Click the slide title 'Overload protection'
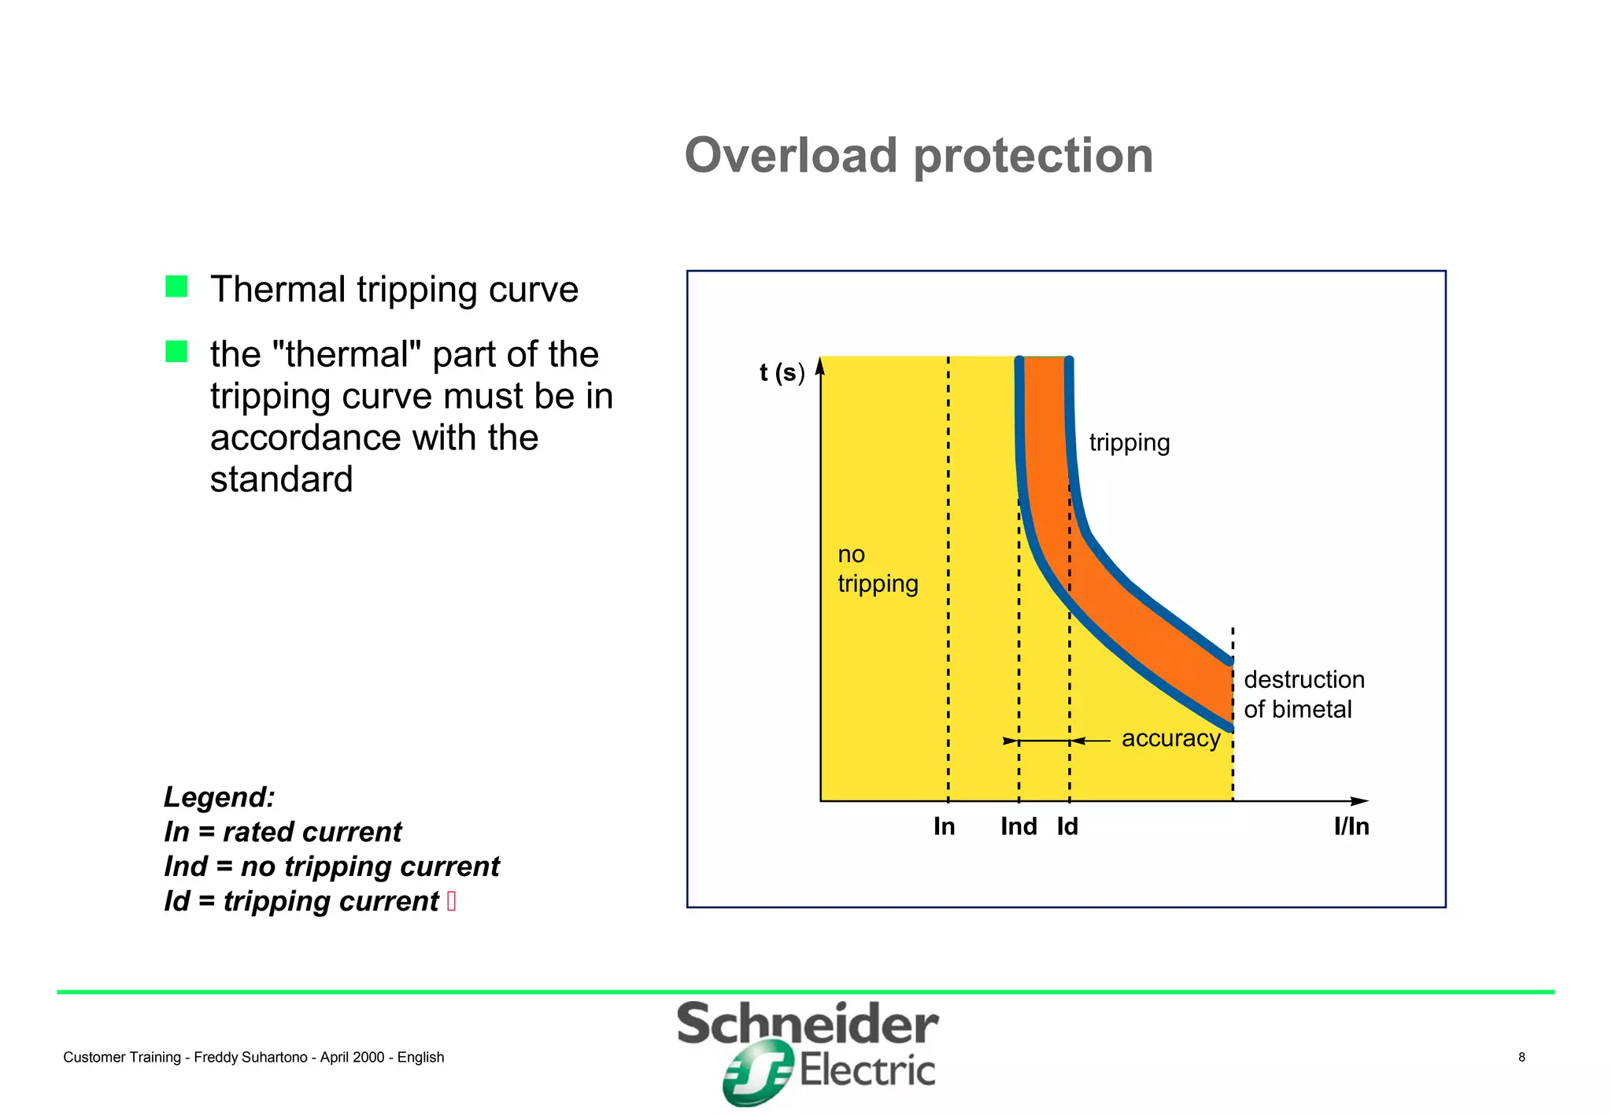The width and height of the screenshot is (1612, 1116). [919, 155]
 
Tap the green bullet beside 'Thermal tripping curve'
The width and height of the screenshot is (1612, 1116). [176, 286]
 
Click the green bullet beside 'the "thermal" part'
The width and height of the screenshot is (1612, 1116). [176, 351]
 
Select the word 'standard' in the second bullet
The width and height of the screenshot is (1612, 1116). [281, 479]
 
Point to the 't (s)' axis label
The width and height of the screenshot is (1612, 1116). [782, 372]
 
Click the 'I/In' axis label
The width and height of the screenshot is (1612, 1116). [1351, 826]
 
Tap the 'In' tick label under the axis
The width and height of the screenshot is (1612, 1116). [944, 826]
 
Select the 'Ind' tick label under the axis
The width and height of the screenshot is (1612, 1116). [1018, 826]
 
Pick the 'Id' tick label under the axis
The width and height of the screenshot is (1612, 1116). [1067, 826]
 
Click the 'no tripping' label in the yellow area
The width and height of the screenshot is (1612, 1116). [877, 569]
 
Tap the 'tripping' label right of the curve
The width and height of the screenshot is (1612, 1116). [1129, 442]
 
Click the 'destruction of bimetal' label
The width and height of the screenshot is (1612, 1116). [1303, 694]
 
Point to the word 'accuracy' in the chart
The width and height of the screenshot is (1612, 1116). [1170, 738]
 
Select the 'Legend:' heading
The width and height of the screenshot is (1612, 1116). [219, 796]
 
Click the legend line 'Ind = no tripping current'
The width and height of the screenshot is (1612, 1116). [331, 866]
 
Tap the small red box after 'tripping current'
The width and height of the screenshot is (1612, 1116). [451, 900]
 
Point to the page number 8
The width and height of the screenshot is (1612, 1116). [1521, 1057]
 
